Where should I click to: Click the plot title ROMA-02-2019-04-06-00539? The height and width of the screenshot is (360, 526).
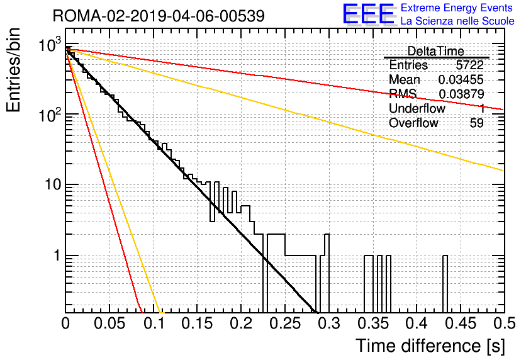pos(159,16)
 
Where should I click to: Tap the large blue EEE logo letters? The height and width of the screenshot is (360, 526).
pos(368,14)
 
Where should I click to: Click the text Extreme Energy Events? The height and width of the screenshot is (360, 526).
pos(457,8)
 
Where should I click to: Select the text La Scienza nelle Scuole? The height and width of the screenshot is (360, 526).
pos(457,21)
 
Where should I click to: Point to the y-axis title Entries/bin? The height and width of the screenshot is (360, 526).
pos(13,70)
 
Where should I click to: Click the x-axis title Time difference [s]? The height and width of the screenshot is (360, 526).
pos(430,346)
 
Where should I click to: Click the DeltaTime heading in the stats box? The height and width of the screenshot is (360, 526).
pos(436,51)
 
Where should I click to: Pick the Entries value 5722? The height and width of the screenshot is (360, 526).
pos(469,65)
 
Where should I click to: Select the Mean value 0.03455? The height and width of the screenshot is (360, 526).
pos(461,79)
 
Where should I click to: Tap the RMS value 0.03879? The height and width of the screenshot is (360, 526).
pos(461,94)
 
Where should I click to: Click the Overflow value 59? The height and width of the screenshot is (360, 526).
pos(477,123)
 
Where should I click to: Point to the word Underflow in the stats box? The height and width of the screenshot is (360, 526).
pos(417,108)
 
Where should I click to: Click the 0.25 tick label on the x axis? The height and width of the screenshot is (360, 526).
pos(285,323)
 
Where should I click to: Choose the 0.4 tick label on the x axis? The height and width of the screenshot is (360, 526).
pos(417,323)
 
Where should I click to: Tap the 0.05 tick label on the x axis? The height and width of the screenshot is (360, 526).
pos(109,323)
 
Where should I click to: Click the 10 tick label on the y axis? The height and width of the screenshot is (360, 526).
pos(53,184)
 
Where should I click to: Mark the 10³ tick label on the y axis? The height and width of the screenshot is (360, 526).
pos(50,45)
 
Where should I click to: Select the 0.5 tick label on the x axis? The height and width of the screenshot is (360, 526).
pos(504,323)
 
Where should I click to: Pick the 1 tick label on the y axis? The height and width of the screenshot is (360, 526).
pos(57,256)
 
